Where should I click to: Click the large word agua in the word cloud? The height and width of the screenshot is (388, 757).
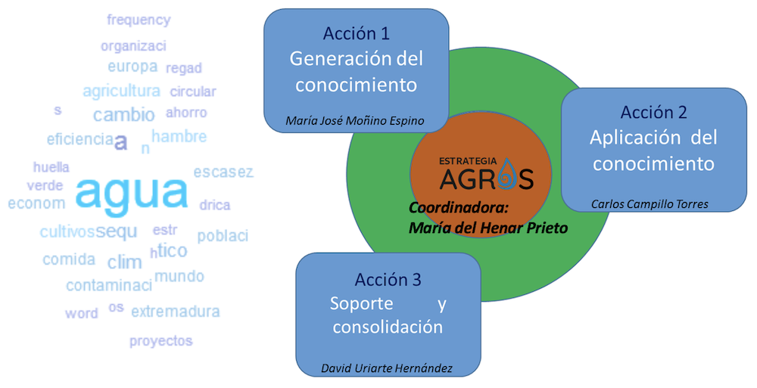click(x=132, y=194)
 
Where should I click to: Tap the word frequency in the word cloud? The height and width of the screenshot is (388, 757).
click(x=139, y=20)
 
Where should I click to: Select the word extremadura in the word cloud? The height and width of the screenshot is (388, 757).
click(x=176, y=311)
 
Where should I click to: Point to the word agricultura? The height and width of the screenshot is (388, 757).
click(x=121, y=92)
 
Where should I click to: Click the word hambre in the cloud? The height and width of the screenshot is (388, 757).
click(x=179, y=137)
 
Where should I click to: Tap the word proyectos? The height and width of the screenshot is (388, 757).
click(x=160, y=340)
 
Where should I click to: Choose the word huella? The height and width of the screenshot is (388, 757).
click(x=51, y=167)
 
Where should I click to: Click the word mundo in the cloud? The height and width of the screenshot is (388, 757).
click(x=179, y=275)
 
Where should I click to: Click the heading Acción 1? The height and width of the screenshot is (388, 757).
click(x=356, y=33)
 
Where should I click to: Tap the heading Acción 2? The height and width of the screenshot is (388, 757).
click(x=653, y=113)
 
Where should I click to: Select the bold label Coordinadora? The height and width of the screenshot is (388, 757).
click(x=447, y=208)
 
